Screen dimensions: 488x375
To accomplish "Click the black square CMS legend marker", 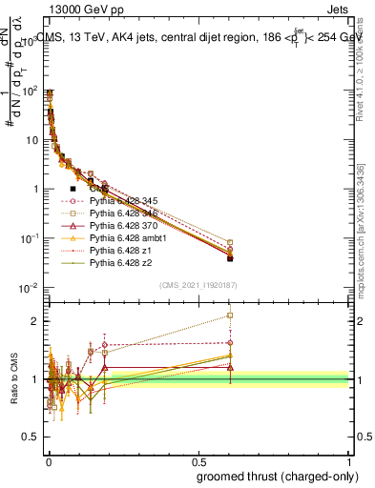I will click(x=73, y=189).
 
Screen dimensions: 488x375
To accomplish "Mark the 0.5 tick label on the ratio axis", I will click(x=31, y=437).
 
